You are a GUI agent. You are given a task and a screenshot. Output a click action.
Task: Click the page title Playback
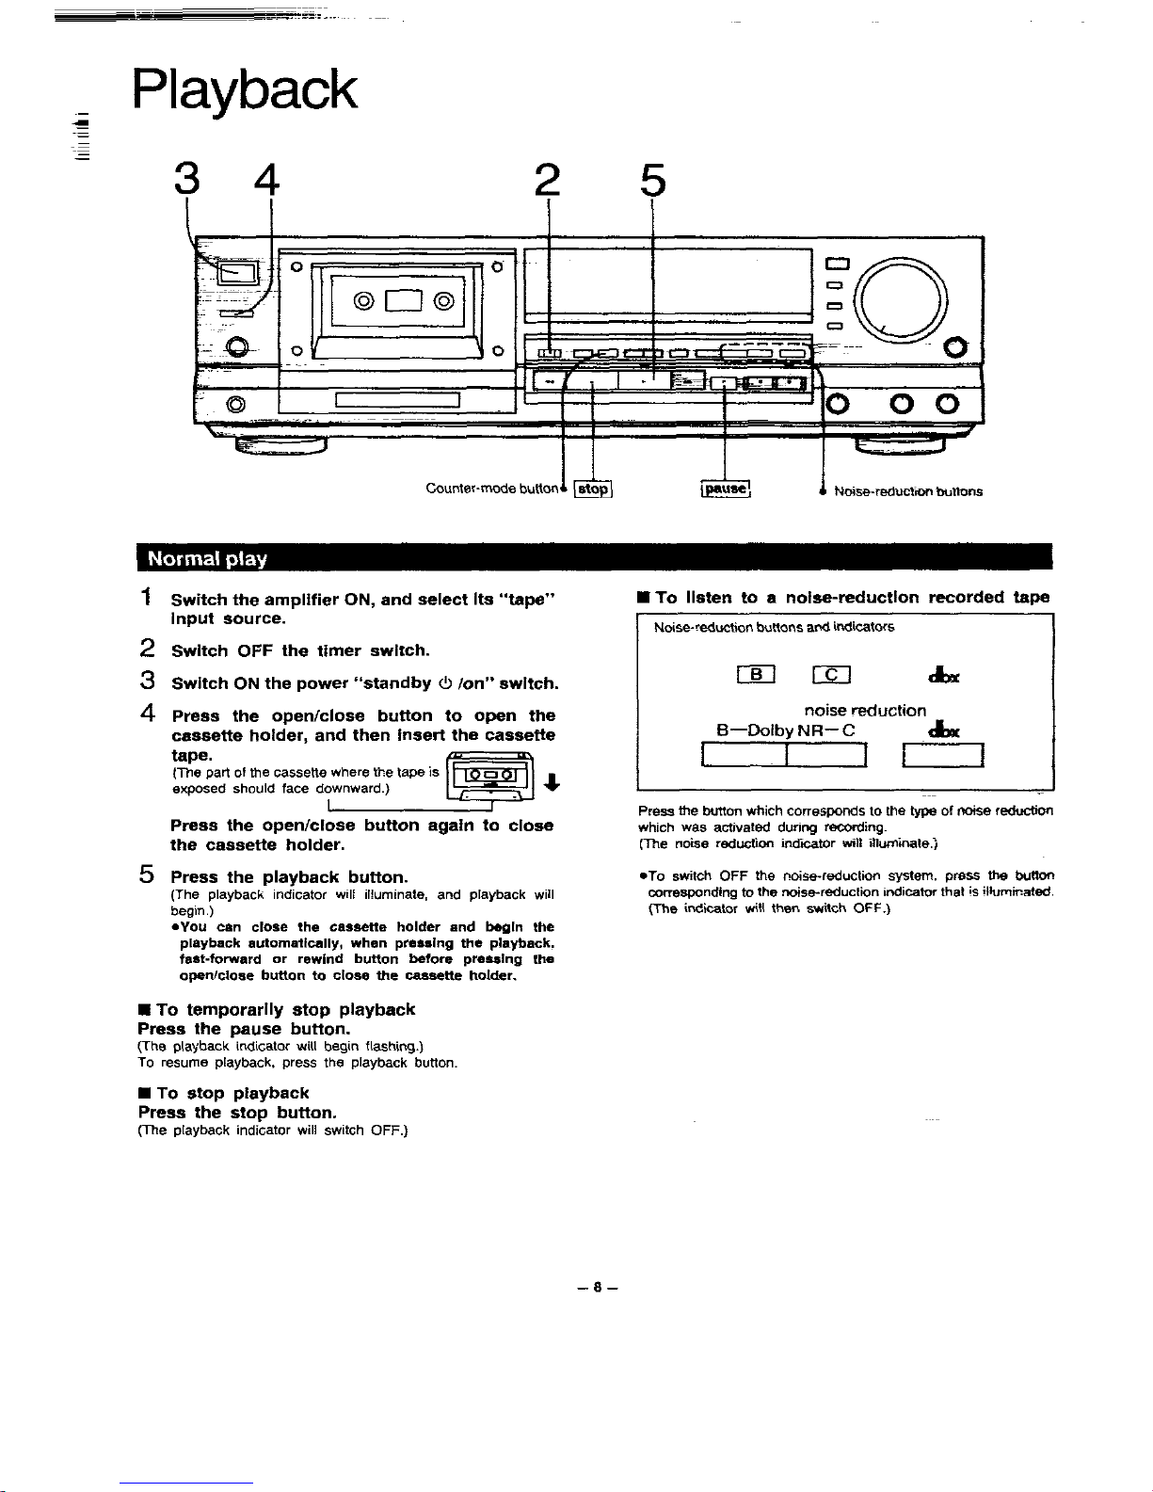(245, 91)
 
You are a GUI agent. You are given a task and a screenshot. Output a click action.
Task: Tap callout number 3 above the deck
(186, 180)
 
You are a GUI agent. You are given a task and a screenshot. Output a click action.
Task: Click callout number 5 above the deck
(652, 181)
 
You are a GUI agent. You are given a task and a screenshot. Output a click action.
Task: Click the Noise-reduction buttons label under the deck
(907, 490)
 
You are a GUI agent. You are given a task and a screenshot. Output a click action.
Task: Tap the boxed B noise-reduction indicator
(756, 673)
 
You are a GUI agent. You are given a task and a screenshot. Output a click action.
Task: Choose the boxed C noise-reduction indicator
(833, 673)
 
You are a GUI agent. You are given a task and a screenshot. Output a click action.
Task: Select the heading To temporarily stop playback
(277, 1009)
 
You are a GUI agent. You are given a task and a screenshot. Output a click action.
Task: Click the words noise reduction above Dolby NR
(865, 710)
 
